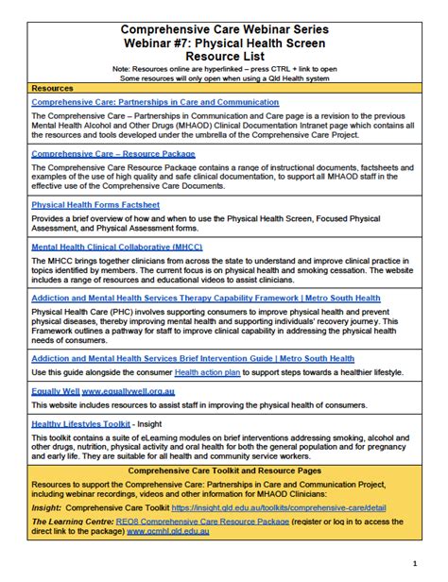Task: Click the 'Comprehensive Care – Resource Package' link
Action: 113,153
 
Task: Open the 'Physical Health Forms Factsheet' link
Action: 95,204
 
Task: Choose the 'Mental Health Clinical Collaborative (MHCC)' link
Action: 117,247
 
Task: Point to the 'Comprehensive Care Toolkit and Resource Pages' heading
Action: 224,470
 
